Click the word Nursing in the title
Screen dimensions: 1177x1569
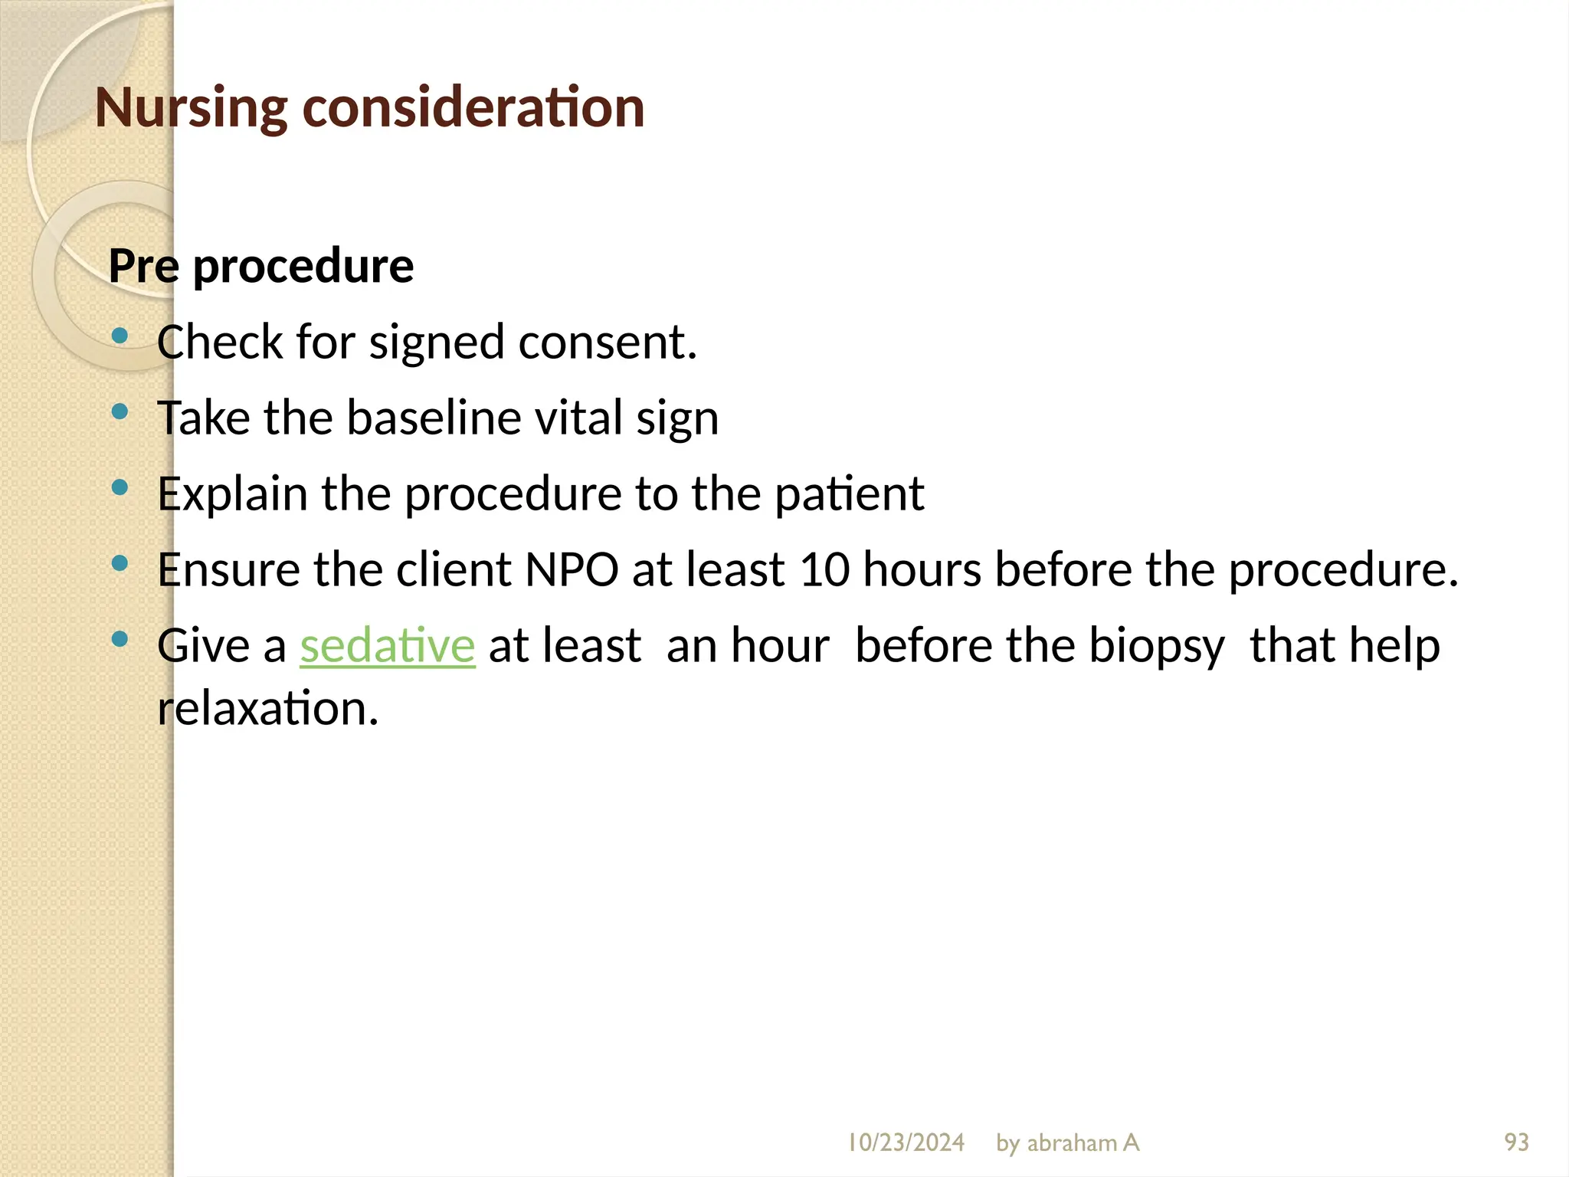[190, 107]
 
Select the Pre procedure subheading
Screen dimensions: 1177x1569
[261, 266]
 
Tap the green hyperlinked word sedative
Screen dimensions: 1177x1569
[388, 645]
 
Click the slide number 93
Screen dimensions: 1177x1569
[1516, 1143]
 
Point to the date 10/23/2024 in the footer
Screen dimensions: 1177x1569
[906, 1143]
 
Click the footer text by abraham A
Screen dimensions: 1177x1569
[1067, 1143]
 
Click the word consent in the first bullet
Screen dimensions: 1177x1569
[607, 343]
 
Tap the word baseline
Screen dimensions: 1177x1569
[432, 418]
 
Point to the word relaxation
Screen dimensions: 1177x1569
[268, 708]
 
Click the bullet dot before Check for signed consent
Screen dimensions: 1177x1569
[120, 336]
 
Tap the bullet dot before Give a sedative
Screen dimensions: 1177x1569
[120, 639]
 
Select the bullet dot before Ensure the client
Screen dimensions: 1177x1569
[120, 563]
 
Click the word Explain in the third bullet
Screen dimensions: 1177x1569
[232, 494]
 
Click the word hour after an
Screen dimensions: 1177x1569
[779, 645]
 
